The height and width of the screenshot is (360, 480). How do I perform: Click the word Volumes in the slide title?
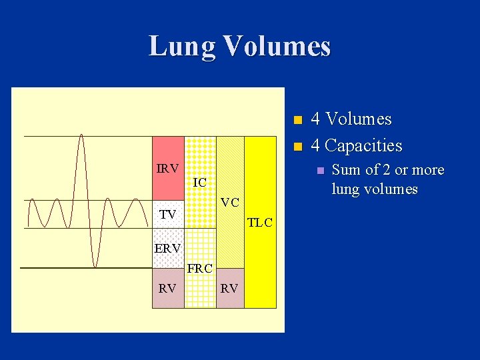[277, 46]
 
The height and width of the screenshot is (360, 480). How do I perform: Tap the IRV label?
[167, 169]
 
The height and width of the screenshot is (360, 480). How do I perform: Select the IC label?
[199, 182]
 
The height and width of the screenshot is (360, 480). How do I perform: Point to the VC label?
[230, 202]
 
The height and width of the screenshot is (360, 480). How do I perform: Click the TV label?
[167, 214]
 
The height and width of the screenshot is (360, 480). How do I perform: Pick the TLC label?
[260, 223]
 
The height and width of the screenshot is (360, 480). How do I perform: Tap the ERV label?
[167, 248]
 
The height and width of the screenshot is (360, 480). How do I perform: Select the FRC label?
[199, 269]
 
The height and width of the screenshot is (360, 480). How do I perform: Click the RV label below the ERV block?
[167, 289]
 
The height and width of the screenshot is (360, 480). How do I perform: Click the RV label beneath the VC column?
[230, 289]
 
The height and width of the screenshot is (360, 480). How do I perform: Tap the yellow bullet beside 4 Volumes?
[297, 120]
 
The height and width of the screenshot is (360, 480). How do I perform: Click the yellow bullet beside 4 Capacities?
[297, 146]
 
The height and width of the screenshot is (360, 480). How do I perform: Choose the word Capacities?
[364, 145]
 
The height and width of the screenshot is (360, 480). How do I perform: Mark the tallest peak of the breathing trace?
[81, 135]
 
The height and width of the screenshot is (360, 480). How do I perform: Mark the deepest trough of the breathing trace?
[95, 267]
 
